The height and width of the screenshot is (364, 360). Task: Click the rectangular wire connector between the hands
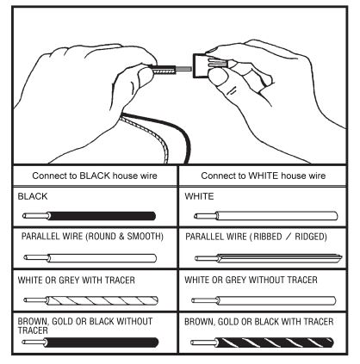click(x=200, y=66)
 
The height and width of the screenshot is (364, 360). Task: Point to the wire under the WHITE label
click(x=265, y=216)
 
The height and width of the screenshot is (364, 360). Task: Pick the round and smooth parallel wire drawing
click(x=90, y=258)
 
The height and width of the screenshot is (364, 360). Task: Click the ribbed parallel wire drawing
click(x=269, y=258)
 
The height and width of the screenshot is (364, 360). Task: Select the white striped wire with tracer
click(x=90, y=300)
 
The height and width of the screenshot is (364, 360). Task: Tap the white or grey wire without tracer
click(x=264, y=300)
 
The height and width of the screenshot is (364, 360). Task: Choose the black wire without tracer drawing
click(x=90, y=342)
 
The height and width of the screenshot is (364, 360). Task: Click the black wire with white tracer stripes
click(x=262, y=342)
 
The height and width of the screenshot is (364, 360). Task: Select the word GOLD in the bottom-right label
click(x=227, y=322)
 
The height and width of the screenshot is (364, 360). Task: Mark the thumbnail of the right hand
click(x=217, y=77)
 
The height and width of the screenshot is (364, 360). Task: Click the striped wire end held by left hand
click(x=163, y=70)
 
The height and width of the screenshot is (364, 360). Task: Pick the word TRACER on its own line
click(x=33, y=330)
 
